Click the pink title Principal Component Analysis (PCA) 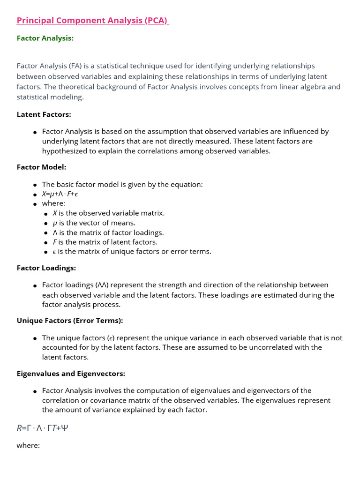pos(92,21)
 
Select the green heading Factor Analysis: pos(45,38)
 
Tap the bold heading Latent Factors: pos(44,114)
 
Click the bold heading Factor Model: pos(41,167)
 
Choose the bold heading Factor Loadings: pos(46,268)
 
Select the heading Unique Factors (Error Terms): pos(70,321)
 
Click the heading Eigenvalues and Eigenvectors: pos(71,374)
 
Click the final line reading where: pos(28,445)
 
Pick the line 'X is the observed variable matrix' pos(108,213)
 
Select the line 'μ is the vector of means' pos(94,223)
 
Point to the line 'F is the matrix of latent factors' pos(105,242)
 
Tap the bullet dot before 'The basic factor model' pos(35,185)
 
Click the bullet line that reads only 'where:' pos(53,203)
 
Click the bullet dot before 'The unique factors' pos(35,338)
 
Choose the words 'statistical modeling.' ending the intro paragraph pos(50,97)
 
